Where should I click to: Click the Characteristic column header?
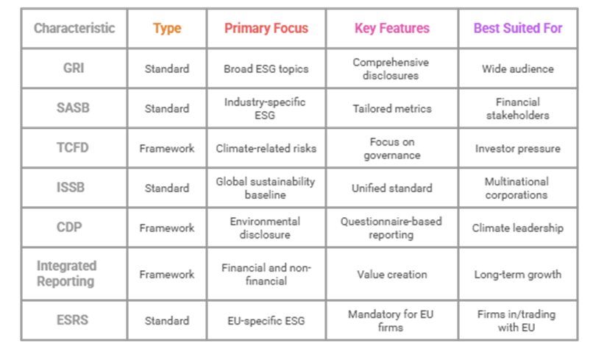pyautogui.click(x=74, y=29)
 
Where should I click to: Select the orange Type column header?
pyautogui.click(x=167, y=29)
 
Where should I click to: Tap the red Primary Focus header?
pyautogui.click(x=266, y=29)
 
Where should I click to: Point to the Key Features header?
pyautogui.click(x=391, y=29)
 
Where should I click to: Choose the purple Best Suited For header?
pyautogui.click(x=517, y=29)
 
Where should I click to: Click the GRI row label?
pyautogui.click(x=74, y=68)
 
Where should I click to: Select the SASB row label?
pyautogui.click(x=74, y=108)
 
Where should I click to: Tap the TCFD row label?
pyautogui.click(x=74, y=148)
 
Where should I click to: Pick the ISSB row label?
pyautogui.click(x=74, y=188)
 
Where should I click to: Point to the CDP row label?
pyautogui.click(x=74, y=227)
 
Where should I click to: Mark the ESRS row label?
pyautogui.click(x=74, y=320)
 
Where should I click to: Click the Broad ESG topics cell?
pyautogui.click(x=266, y=68)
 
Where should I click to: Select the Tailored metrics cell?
pyautogui.click(x=391, y=108)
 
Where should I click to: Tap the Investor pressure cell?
pyautogui.click(x=517, y=148)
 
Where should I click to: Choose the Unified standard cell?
pyautogui.click(x=391, y=188)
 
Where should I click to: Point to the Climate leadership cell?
pyautogui.click(x=517, y=227)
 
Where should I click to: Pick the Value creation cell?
pyautogui.click(x=391, y=274)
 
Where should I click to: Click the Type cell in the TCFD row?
pyautogui.click(x=167, y=148)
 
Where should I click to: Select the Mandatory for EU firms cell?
pyautogui.click(x=391, y=320)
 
